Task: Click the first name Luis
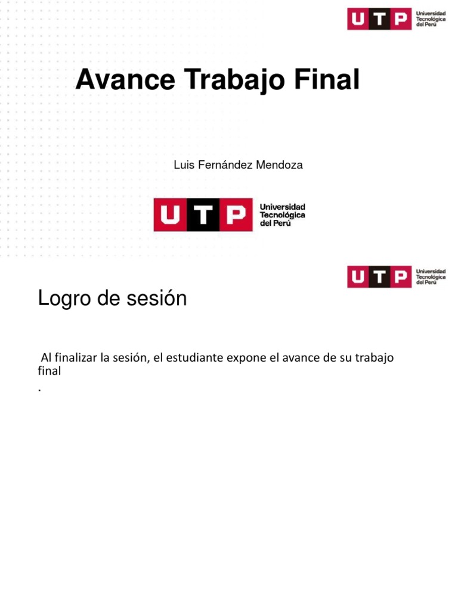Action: point(182,165)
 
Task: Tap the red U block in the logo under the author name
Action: point(170,215)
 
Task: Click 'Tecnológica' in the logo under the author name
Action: point(282,214)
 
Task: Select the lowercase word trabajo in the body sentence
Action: point(374,358)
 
